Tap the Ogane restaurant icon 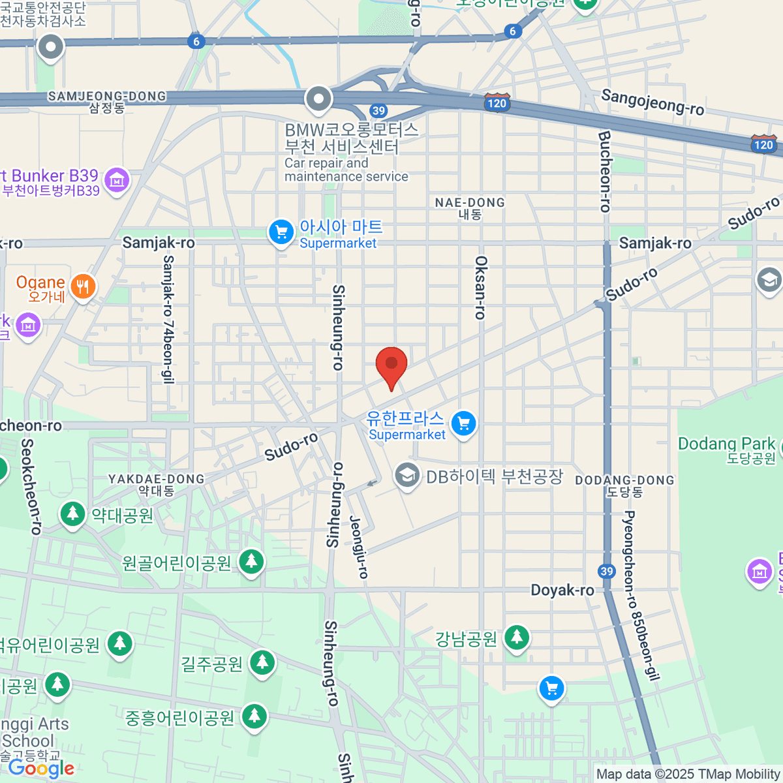point(83,286)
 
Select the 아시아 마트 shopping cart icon point(281,232)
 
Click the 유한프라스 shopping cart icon point(463,423)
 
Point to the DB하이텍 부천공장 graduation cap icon point(407,476)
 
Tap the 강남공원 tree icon point(517,636)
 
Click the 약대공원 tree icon point(73,514)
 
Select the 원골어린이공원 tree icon point(251,561)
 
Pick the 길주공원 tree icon point(262,662)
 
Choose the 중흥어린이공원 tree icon point(254,716)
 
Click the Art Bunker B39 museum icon point(117,179)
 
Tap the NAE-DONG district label point(470,208)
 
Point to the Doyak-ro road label point(562,591)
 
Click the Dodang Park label point(726,444)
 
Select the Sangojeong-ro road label point(652,102)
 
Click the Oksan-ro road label point(481,287)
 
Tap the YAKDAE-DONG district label point(157,484)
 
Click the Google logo point(41,769)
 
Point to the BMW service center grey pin point(319,99)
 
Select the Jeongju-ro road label point(360,547)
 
